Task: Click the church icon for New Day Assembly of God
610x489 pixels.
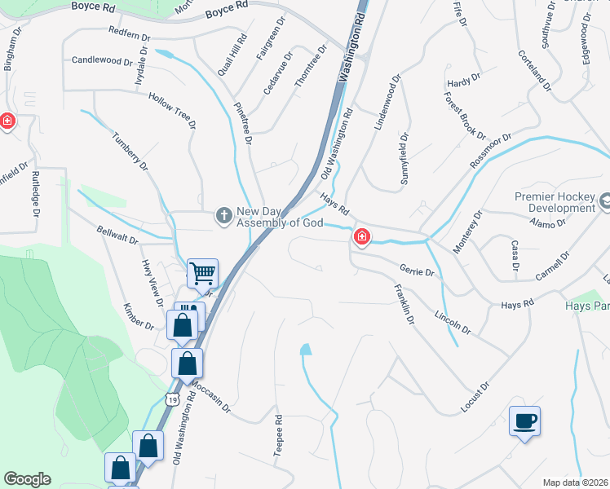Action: (x=223, y=215)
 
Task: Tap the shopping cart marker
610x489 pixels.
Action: (x=202, y=273)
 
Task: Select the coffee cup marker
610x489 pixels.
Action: (x=524, y=421)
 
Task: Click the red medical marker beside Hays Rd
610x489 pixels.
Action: (x=360, y=237)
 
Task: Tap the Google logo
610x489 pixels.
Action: (x=27, y=478)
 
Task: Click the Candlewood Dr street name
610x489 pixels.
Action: (x=102, y=60)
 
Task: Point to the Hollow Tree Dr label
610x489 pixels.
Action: (x=172, y=111)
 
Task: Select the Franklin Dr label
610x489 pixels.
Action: (x=404, y=305)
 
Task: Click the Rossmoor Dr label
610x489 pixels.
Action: (x=490, y=151)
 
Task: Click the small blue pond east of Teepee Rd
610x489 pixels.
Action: (x=306, y=350)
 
